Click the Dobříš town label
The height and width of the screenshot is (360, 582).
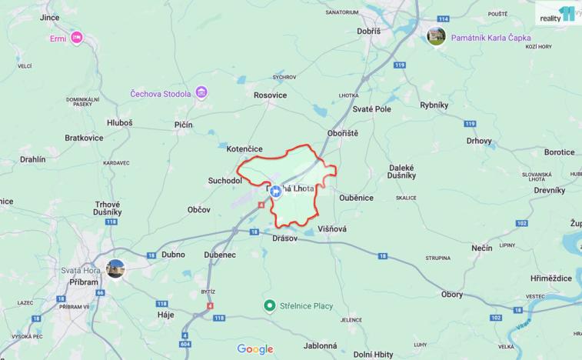[368, 31]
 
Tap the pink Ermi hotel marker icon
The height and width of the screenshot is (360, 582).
[76, 37]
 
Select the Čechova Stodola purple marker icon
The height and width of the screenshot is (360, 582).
[201, 94]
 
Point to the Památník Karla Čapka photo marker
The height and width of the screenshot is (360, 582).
[436, 36]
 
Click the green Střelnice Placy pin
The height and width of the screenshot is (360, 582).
[270, 305]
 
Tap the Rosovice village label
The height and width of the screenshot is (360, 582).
[270, 95]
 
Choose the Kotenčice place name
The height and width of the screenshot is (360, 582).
[244, 148]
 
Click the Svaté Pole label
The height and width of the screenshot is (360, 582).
[371, 109]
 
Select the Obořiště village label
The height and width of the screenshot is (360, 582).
[343, 132]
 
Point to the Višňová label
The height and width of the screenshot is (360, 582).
[331, 228]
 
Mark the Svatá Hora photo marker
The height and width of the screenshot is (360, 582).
[115, 268]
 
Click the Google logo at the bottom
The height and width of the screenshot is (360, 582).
[254, 349]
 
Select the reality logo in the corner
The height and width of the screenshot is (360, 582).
[555, 15]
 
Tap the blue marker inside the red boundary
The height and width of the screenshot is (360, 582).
[276, 192]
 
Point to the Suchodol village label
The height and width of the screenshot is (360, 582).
[225, 181]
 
